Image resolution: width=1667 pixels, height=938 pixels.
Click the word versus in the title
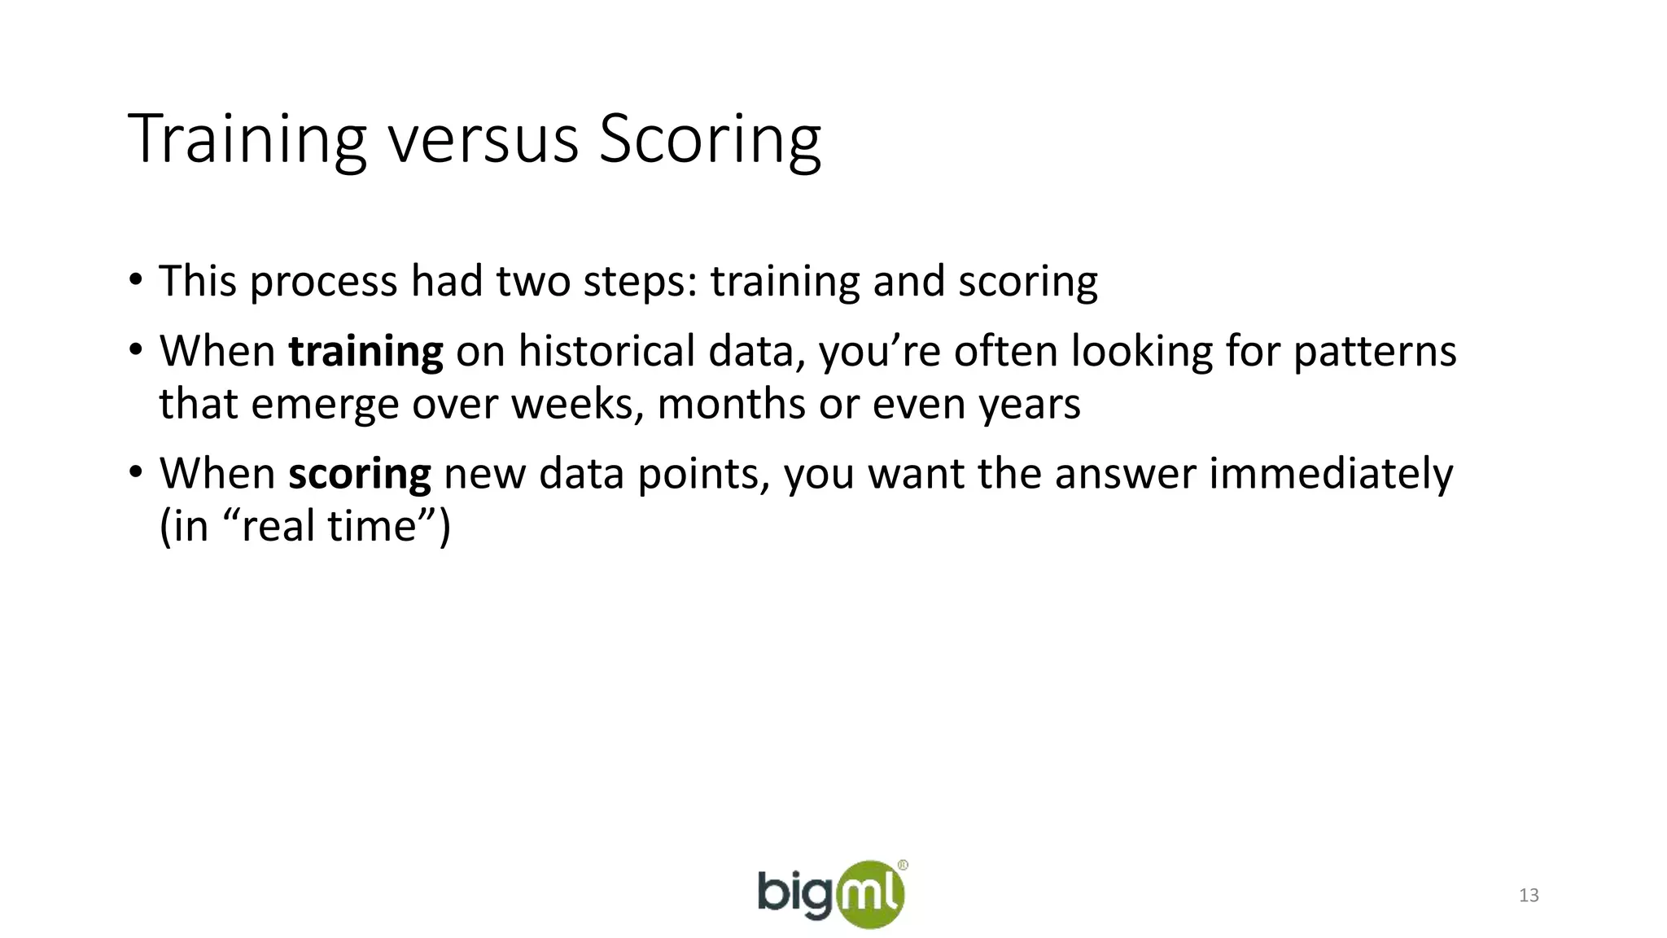483,139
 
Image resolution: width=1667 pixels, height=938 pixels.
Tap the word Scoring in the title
710,139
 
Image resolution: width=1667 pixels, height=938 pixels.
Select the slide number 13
1529,896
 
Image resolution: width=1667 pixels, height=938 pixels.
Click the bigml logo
831,894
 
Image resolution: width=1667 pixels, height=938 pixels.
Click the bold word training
365,352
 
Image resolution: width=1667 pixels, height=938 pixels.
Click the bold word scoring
359,474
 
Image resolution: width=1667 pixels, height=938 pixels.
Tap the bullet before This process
135,280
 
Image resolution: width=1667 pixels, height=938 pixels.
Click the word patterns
1375,352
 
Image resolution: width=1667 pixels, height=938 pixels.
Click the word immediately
1330,474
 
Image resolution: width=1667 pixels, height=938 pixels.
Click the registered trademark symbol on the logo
903,866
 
